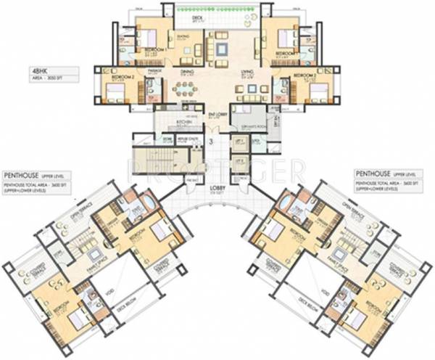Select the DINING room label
pyautogui.click(x=187, y=73)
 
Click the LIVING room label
pyautogui.click(x=246, y=73)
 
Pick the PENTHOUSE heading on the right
pyautogui.click(x=373, y=175)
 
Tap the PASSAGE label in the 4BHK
pyautogui.click(x=154, y=70)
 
